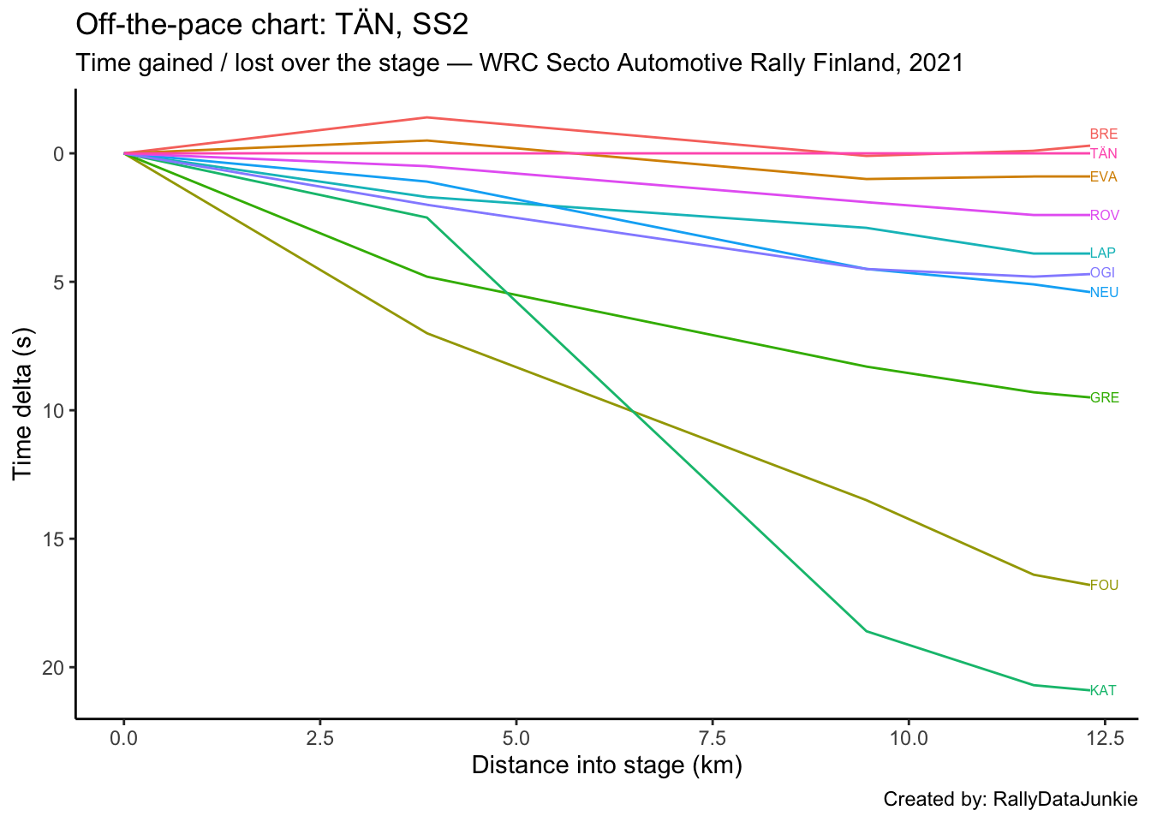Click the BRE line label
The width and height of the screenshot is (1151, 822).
[1104, 134]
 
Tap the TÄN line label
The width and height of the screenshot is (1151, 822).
[1104, 154]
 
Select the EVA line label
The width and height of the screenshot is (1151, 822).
[1104, 177]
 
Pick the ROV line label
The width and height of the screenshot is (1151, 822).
[1105, 216]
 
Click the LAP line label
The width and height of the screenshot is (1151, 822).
[1103, 253]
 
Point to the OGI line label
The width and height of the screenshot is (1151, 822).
[1103, 273]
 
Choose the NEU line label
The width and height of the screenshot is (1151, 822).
[1105, 293]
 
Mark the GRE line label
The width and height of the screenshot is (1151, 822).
[1105, 398]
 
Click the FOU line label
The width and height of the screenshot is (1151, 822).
[1105, 586]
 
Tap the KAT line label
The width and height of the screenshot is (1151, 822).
[1103, 691]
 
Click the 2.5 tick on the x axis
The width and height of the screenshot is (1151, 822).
[320, 737]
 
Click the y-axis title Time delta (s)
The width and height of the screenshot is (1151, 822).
[23, 403]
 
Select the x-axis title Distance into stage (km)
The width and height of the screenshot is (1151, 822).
[606, 765]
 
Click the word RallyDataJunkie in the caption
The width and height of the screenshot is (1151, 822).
[1065, 800]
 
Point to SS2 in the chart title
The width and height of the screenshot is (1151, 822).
[440, 25]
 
